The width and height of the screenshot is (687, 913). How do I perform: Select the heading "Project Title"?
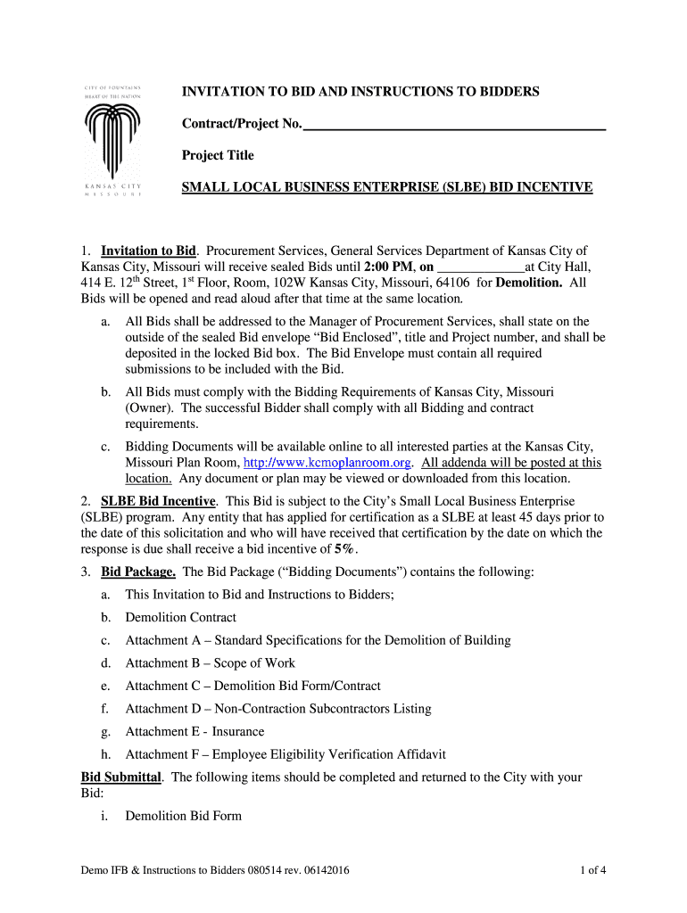tap(218, 155)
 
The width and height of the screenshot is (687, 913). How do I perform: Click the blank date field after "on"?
tap(482, 267)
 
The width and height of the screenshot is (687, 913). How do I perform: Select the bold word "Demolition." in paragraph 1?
tap(529, 283)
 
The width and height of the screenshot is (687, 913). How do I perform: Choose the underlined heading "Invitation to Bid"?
tap(148, 251)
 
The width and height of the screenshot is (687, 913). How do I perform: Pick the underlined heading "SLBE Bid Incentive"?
tap(158, 501)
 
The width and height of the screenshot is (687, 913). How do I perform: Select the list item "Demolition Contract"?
tap(181, 617)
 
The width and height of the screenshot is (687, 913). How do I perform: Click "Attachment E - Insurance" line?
tap(195, 731)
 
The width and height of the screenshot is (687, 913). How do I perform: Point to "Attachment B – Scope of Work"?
tap(210, 663)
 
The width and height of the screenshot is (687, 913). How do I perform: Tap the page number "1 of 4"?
tap(592, 870)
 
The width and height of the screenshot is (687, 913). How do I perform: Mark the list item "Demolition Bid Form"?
tap(183, 816)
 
